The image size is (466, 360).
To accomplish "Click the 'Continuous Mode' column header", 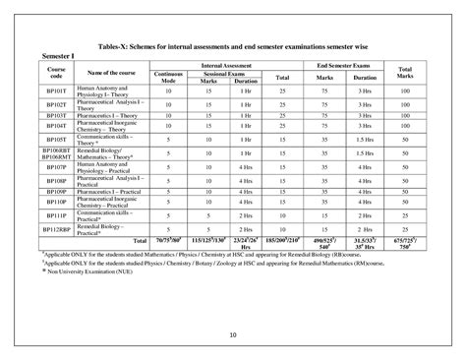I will point(170,76).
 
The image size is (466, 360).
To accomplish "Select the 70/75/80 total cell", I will point(170,240).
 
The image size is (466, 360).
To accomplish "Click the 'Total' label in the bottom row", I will point(139,240).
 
